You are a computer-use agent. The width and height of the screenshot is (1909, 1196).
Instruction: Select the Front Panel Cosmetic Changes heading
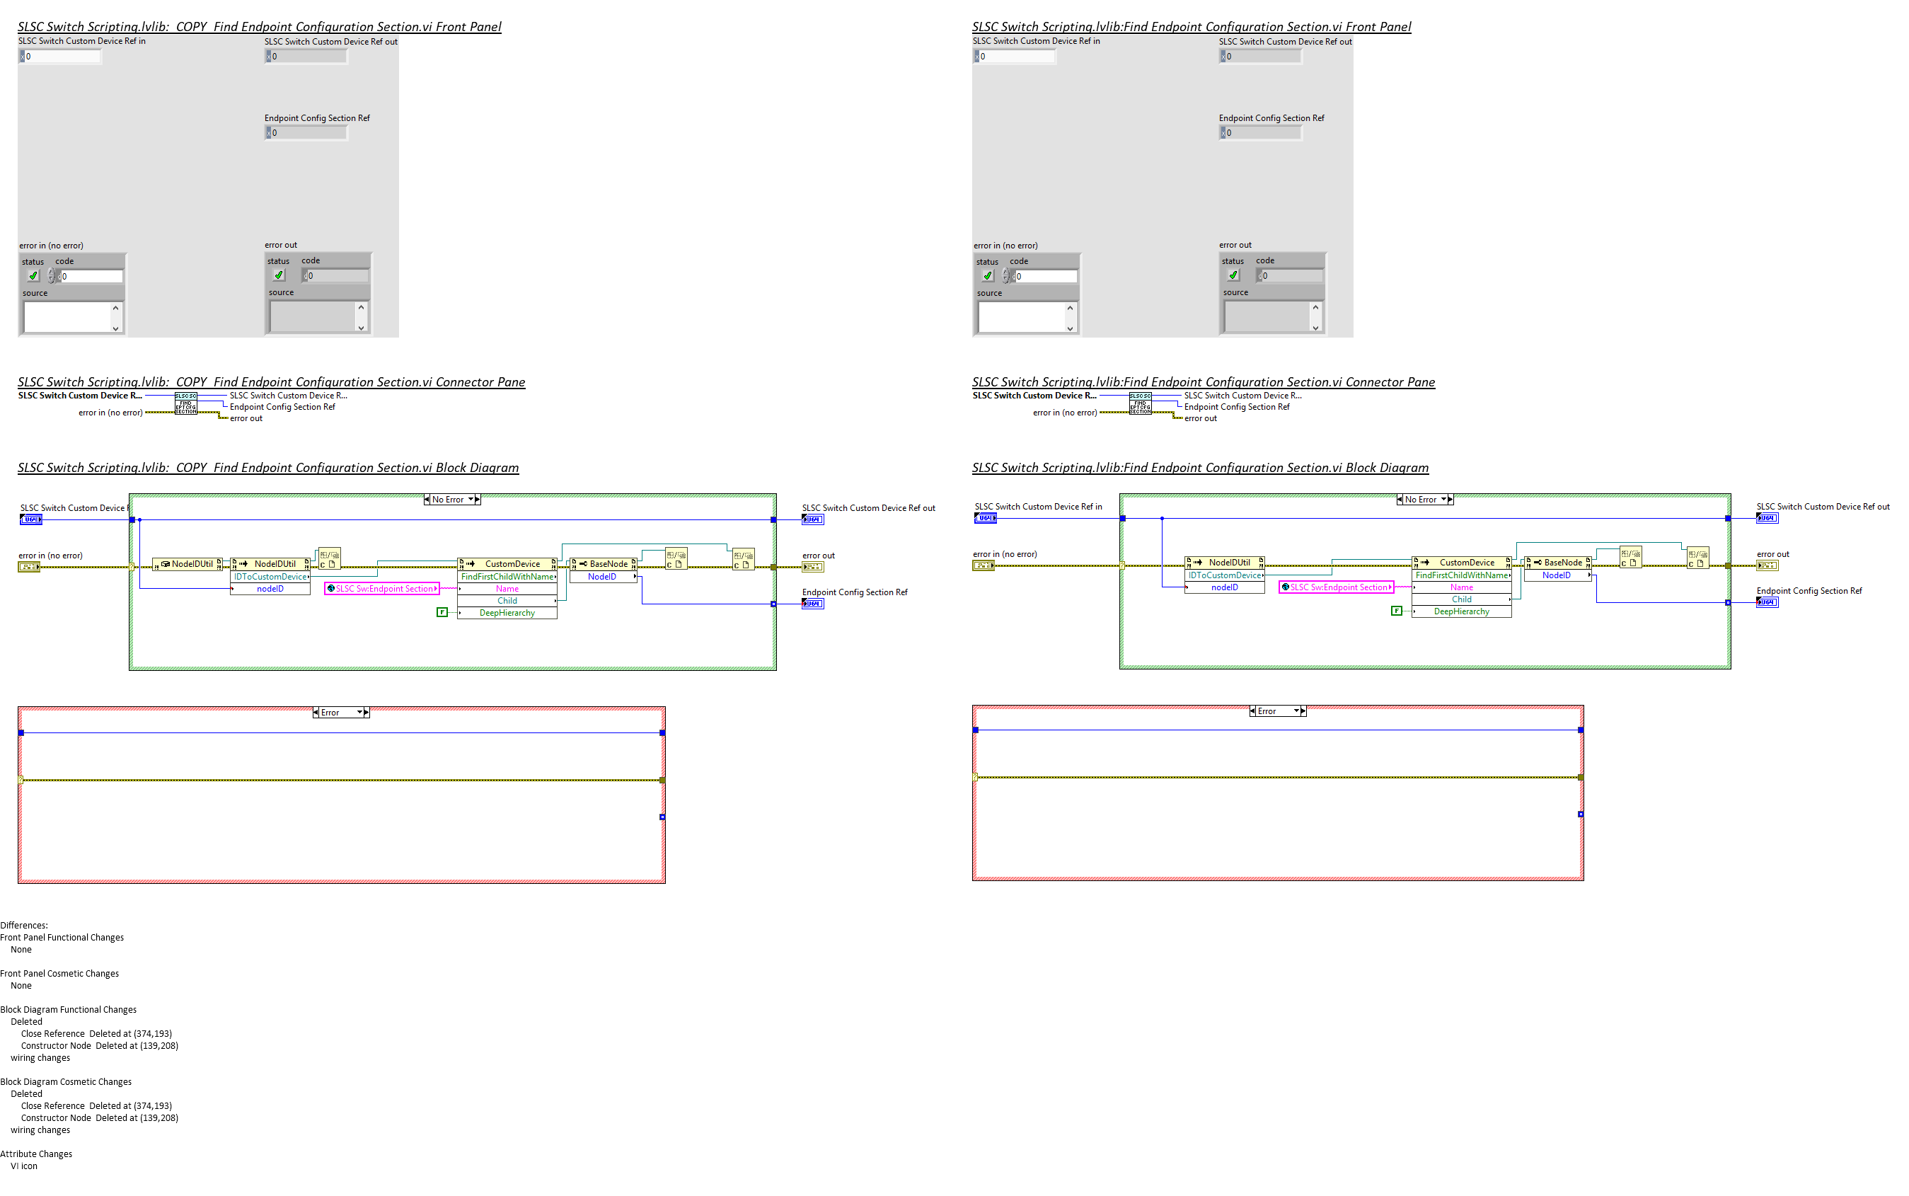(x=59, y=973)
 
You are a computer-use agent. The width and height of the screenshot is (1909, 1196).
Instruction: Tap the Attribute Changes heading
(x=36, y=1154)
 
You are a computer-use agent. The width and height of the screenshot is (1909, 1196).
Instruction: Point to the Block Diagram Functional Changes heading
(x=68, y=1009)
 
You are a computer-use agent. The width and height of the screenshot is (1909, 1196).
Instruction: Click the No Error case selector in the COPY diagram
(x=451, y=499)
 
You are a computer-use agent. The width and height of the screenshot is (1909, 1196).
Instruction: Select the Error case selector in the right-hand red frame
(x=1276, y=711)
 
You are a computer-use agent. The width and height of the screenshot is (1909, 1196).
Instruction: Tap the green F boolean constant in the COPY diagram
(x=442, y=612)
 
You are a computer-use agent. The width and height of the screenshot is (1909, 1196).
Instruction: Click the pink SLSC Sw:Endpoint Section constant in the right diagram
(x=1336, y=587)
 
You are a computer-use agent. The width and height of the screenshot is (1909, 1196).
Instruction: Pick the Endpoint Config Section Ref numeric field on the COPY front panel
(x=308, y=133)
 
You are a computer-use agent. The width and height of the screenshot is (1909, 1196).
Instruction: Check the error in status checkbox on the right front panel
(x=987, y=276)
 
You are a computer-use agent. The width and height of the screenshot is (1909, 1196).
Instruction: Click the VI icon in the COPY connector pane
(x=186, y=403)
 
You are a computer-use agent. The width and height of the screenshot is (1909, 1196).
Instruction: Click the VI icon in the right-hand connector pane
(x=1140, y=403)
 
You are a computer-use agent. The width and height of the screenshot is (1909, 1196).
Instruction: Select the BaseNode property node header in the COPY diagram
(x=604, y=564)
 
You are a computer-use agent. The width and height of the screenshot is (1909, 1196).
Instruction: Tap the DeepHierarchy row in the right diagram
(x=1460, y=611)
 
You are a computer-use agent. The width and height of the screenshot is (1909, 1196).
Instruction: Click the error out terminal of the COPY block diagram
(x=812, y=567)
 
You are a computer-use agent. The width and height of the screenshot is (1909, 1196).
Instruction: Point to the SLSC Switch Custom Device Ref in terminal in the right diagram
(x=984, y=518)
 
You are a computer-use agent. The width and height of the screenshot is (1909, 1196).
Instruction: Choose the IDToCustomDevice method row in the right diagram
(x=1224, y=575)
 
